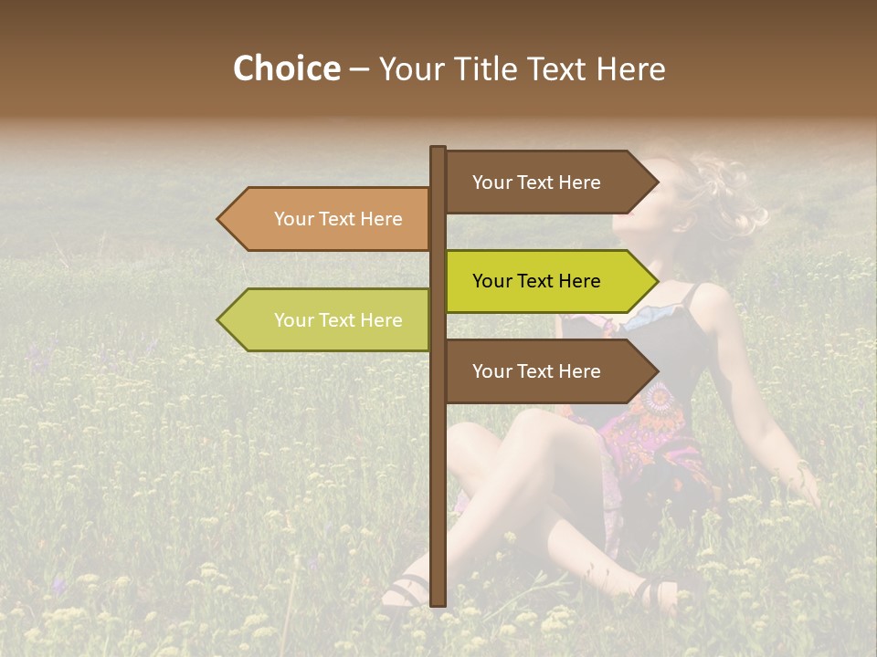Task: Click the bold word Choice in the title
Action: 286,68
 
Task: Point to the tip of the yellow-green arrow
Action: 656,281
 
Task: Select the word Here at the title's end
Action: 629,68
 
